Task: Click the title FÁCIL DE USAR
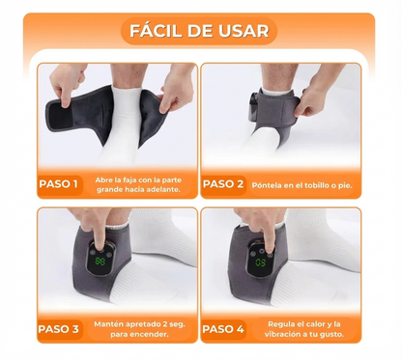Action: [201, 30]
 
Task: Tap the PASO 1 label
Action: [60, 183]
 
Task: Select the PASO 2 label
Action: [223, 183]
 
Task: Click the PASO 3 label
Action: [60, 329]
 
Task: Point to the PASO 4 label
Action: [223, 329]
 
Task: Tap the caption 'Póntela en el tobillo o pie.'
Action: [302, 183]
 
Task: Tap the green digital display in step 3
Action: [99, 261]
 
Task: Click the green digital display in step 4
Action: [260, 262]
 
